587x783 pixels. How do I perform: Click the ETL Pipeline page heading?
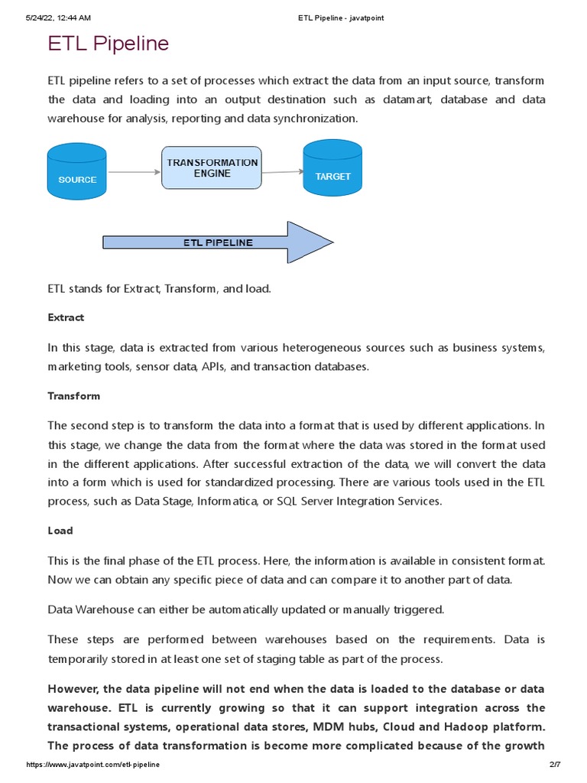point(108,44)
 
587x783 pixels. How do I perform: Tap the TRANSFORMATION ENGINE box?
point(212,168)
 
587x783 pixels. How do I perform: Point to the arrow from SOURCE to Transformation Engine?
point(135,172)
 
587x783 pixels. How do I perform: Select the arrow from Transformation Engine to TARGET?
point(282,172)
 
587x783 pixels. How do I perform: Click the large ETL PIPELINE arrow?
point(218,242)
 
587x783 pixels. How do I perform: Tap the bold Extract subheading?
point(66,317)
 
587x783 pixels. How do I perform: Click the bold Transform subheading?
point(73,396)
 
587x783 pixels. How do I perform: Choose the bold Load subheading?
point(60,531)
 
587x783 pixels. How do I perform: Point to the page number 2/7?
point(555,765)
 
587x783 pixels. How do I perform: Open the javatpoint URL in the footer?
point(93,765)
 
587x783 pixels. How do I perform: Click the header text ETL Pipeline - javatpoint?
point(341,18)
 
